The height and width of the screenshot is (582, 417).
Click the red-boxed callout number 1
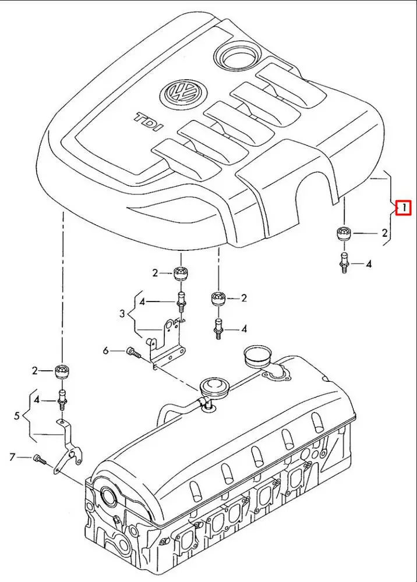tap(403, 207)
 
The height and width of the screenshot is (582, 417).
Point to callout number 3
tap(122, 314)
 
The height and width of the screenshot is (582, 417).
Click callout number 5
tap(16, 416)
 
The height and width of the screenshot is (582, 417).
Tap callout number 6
tap(105, 350)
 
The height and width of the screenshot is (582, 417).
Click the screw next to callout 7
tap(40, 459)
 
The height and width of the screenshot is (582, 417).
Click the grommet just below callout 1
tap(343, 233)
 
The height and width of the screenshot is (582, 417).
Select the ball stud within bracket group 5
tap(61, 400)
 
